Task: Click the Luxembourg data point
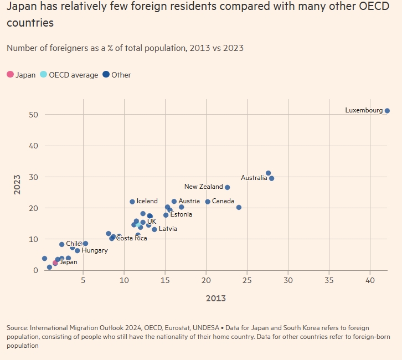[387, 111]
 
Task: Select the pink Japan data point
[55, 263]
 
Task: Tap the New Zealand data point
[227, 187]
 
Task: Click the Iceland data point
[132, 202]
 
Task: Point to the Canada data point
[208, 202]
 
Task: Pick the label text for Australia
[254, 178]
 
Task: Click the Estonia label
[181, 214]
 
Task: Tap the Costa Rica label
[132, 238]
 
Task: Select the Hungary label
[95, 250]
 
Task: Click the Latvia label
[168, 228]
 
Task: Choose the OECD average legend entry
[73, 75]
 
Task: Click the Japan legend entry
[25, 75]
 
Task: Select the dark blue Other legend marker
[106, 75]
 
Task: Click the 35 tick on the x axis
[329, 280]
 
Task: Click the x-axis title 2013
[216, 299]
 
